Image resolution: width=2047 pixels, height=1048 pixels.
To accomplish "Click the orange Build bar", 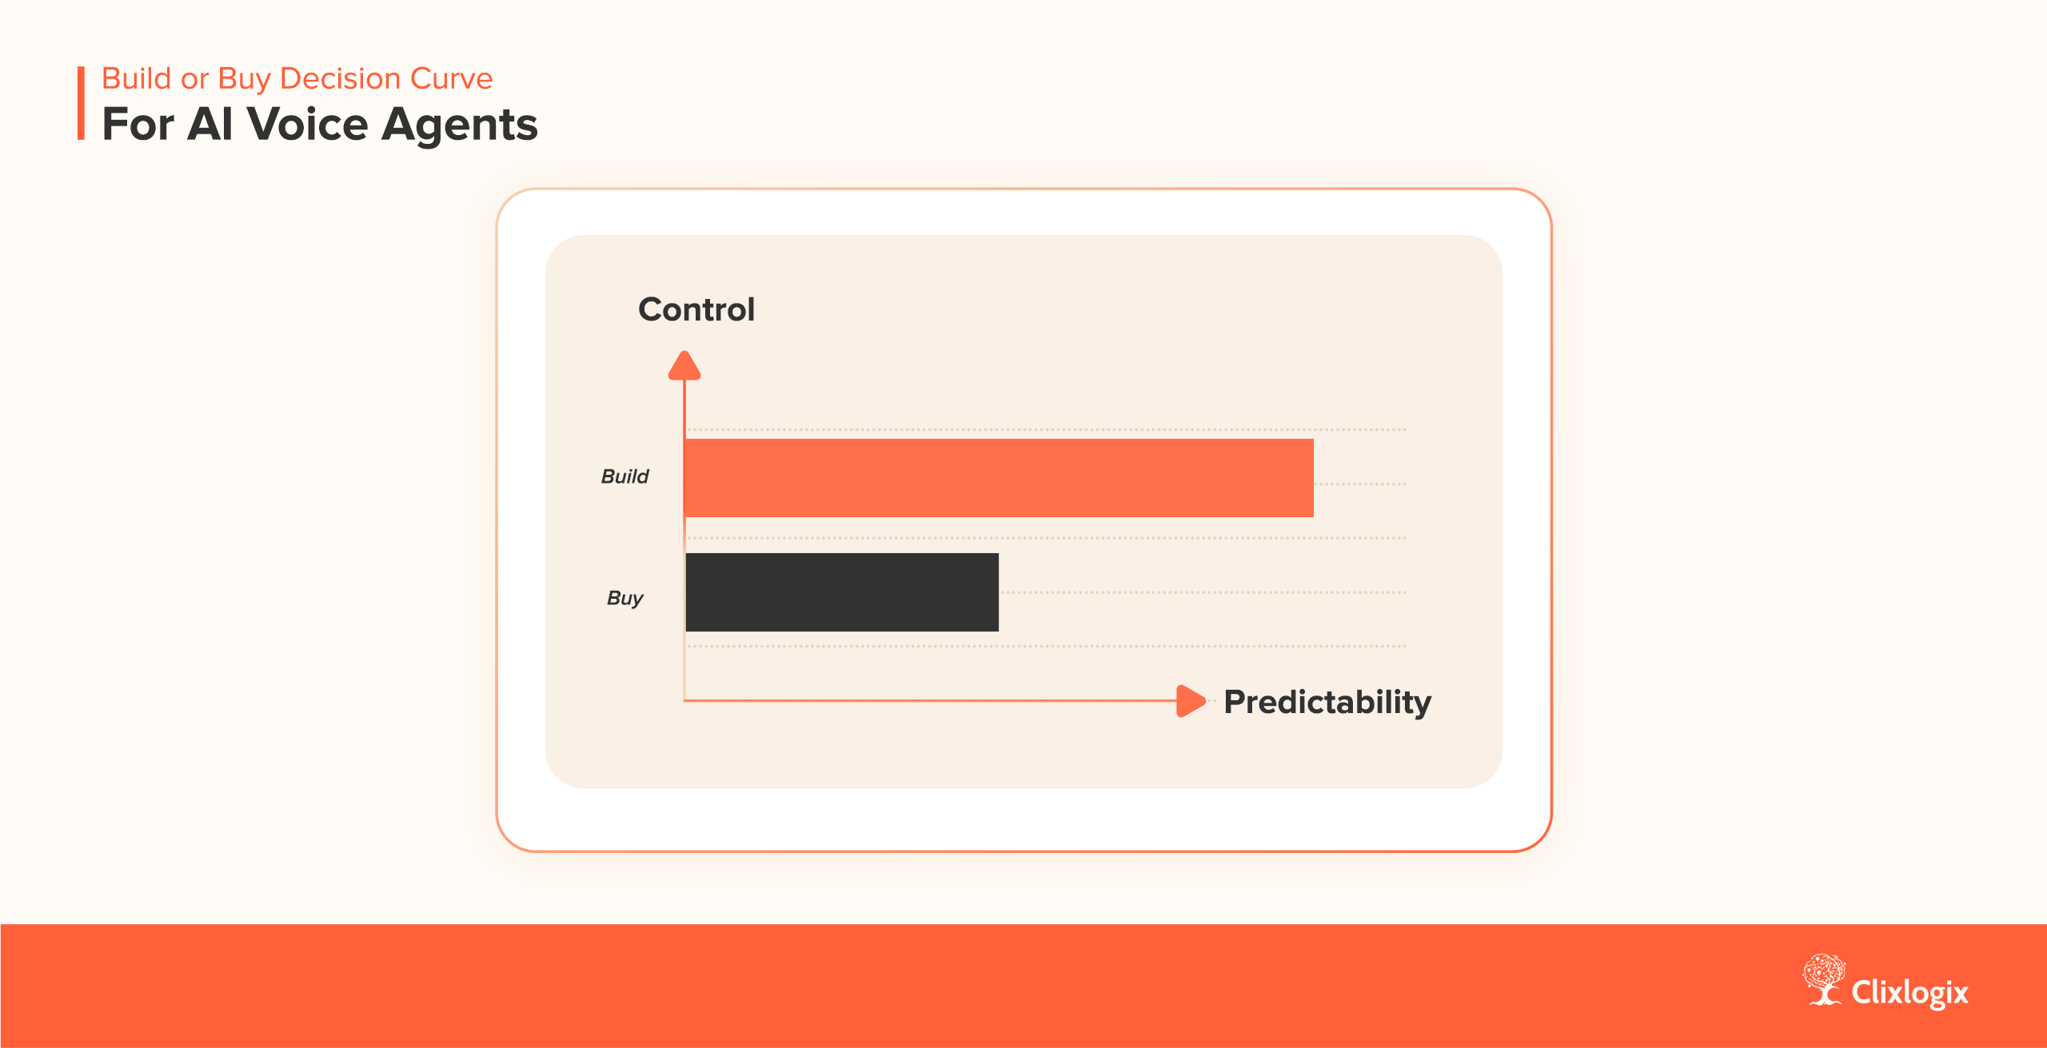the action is [999, 478].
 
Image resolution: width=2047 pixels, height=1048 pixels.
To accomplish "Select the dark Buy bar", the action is [842, 592].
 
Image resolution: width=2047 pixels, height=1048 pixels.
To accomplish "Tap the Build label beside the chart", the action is [624, 476].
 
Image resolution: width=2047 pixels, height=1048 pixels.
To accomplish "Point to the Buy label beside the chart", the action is [624, 598].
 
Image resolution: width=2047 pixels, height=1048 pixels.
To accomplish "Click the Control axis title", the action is [696, 309].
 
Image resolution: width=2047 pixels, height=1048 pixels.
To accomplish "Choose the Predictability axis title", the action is [1327, 702].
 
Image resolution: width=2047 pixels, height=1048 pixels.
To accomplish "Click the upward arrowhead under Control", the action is [684, 365].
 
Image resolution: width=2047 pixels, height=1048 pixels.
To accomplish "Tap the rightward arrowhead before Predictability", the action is [1191, 701].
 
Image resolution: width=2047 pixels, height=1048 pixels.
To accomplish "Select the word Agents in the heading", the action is [459, 126].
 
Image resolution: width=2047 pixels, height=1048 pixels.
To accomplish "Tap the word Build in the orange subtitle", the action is [137, 78].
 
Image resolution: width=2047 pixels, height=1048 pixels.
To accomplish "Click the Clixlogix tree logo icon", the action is [1824, 979].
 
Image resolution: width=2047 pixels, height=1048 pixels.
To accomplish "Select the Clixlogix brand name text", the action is [1910, 992].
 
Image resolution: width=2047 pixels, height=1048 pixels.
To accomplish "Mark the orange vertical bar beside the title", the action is [81, 103].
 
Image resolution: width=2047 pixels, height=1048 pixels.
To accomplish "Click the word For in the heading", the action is [138, 124].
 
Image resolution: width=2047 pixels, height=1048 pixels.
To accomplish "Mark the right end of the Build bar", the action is [1313, 478].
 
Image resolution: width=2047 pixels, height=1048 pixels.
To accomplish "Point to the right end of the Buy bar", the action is [998, 592].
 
